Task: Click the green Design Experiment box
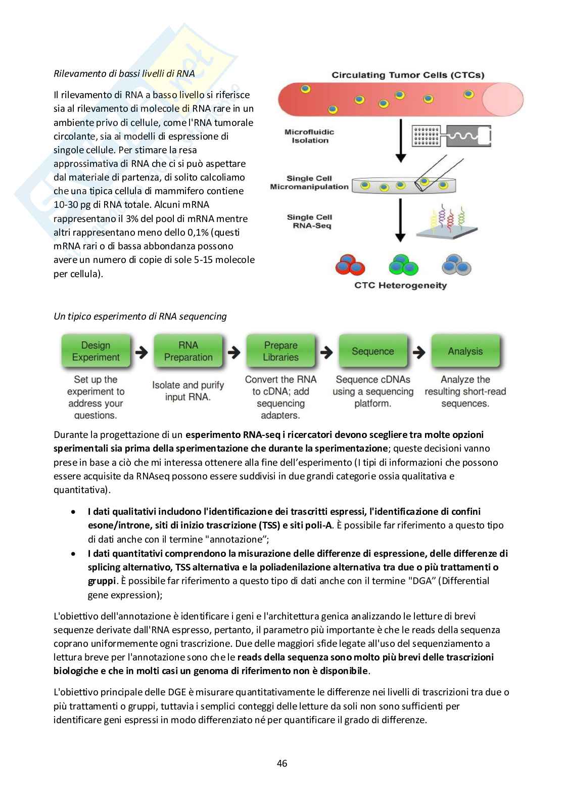[96, 351]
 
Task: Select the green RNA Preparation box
[188, 351]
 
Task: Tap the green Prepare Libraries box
[280, 351]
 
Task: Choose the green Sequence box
[373, 351]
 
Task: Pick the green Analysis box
[465, 351]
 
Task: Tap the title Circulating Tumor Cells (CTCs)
[408, 75]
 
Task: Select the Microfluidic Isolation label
[310, 136]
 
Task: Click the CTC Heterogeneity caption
[400, 285]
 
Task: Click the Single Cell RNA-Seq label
[309, 221]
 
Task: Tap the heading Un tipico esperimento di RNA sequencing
[140, 317]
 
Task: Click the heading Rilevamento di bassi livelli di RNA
[124, 74]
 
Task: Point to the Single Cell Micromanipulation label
[309, 183]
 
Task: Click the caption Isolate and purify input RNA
[188, 391]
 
